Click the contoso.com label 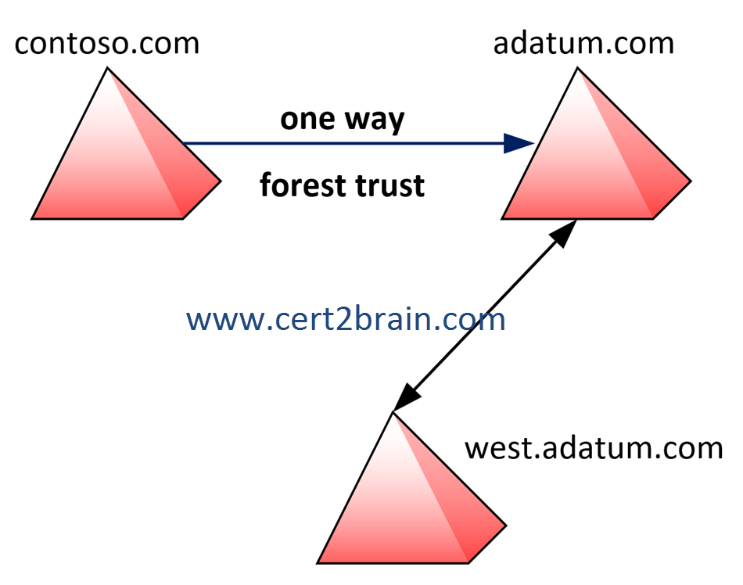coord(107,42)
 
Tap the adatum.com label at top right coord(583,42)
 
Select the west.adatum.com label coord(594,448)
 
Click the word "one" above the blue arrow coord(307,120)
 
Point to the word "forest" coord(303,186)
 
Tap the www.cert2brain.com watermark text coord(346,319)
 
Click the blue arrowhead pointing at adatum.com coord(519,143)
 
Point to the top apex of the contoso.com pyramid coord(107,68)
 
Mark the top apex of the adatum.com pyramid coord(579,68)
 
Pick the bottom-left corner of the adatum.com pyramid coord(502,218)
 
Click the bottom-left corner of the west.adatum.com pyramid coord(318,562)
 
